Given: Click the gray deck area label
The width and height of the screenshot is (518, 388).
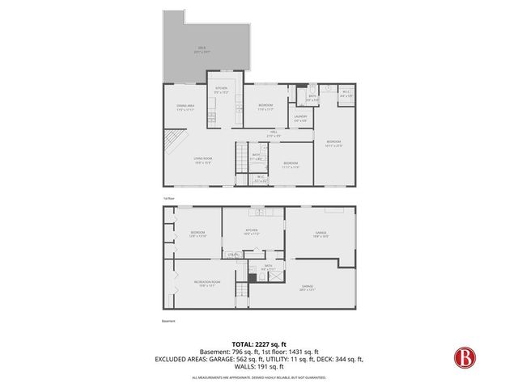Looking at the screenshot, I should click(202, 49).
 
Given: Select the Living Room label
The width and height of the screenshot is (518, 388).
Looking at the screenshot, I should click(202, 160).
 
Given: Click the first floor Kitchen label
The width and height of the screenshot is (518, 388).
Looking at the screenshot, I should click(221, 89).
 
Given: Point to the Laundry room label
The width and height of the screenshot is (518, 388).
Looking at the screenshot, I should click(300, 119).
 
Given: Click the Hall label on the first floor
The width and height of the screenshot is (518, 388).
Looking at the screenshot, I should click(274, 134).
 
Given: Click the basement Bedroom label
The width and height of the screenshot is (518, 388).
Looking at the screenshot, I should click(198, 234).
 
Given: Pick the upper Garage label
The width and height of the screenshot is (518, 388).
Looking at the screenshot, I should click(321, 234).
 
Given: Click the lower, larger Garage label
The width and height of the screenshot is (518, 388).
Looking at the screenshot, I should click(308, 287).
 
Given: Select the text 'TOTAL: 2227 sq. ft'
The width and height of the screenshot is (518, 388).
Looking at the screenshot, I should click(258, 344).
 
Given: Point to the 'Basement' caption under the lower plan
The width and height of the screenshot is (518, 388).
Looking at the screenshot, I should click(168, 321).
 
